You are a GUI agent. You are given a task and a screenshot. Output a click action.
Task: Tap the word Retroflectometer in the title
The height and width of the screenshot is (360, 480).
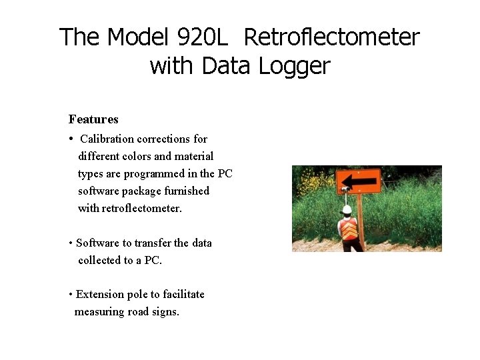coord(331,37)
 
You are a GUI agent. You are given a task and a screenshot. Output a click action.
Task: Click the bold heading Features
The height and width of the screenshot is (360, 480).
coord(93,119)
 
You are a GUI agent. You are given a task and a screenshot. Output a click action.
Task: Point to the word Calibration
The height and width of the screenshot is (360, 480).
coord(107,139)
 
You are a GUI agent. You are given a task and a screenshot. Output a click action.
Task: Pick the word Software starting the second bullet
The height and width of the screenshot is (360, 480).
coord(97,243)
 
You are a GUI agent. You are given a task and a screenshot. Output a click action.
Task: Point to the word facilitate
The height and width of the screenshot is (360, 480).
coord(180,294)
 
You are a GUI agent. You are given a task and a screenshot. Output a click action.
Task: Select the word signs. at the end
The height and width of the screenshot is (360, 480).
coord(163,311)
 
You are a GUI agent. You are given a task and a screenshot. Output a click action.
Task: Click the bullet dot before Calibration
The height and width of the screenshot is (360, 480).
coord(71,139)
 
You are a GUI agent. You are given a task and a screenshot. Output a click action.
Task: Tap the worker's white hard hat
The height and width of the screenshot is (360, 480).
coord(347,209)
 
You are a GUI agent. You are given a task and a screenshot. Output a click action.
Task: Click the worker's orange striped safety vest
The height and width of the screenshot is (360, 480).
coord(348,229)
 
